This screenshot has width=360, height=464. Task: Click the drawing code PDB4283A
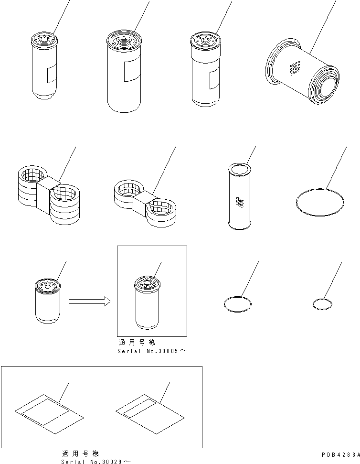coord(341,454)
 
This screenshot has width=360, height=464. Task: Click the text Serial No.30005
coord(148,351)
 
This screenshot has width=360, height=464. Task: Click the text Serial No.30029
coord(91,462)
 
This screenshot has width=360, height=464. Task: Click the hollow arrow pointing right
coord(90,302)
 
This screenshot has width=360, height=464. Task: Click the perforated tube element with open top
coord(240,196)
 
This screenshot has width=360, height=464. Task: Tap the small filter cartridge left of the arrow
coord(48,301)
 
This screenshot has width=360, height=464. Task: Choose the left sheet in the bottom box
coord(49,414)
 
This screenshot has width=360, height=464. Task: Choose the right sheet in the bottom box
coord(150,414)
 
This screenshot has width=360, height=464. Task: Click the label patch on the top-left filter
coord(52,73)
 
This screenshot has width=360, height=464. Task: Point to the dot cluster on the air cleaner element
coord(295,68)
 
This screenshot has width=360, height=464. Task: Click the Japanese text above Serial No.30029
coord(80,453)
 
